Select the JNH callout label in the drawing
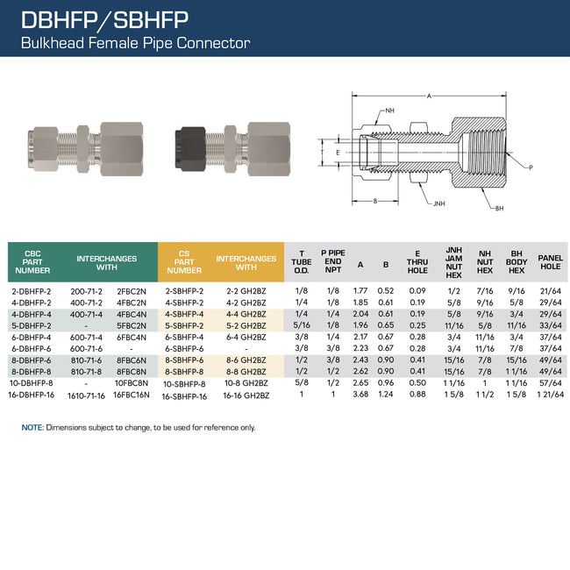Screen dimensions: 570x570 (x=437, y=203)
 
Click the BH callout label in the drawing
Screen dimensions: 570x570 (x=499, y=208)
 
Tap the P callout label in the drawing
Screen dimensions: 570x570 (x=530, y=167)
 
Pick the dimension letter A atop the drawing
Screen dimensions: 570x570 (x=429, y=95)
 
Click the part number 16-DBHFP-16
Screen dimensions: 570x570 (x=32, y=395)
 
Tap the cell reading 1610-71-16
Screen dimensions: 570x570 (x=87, y=395)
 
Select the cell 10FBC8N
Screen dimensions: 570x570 (x=132, y=383)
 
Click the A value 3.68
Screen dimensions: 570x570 (x=360, y=395)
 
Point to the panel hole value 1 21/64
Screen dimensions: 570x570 (x=549, y=395)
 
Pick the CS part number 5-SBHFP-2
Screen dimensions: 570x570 (x=184, y=325)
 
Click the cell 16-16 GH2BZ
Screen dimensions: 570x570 (x=246, y=395)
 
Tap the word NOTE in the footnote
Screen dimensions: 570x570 (x=32, y=427)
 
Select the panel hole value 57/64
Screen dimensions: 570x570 (x=549, y=383)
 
